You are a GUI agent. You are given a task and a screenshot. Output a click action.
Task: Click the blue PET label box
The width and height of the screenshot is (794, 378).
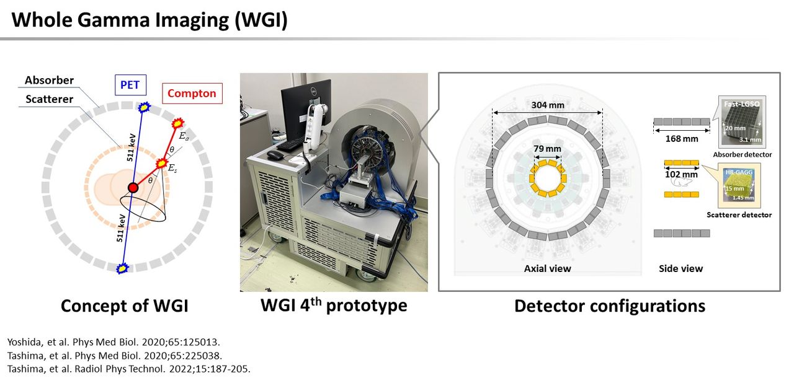pyautogui.click(x=130, y=85)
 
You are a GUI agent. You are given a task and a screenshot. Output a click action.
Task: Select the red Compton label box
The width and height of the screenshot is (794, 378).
pyautogui.click(x=192, y=94)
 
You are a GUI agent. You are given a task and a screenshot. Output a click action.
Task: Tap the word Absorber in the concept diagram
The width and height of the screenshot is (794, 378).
pyautogui.click(x=49, y=81)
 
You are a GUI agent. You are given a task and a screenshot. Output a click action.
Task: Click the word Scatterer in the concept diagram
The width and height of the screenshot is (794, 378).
pyautogui.click(x=49, y=99)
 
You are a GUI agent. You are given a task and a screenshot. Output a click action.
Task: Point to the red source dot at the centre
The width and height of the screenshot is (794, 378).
pyautogui.click(x=133, y=188)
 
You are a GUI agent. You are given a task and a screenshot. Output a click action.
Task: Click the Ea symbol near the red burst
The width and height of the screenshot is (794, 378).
pyautogui.click(x=184, y=136)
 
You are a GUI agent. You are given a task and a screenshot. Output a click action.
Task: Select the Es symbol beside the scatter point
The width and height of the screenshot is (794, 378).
pyautogui.click(x=172, y=168)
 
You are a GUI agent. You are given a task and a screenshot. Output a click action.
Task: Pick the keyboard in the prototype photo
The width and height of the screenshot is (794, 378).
pyautogui.click(x=291, y=144)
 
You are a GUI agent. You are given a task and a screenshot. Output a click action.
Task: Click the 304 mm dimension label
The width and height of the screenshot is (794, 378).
pyautogui.click(x=548, y=105)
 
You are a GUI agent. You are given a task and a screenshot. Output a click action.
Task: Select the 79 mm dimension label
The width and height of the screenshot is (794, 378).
pyautogui.click(x=547, y=149)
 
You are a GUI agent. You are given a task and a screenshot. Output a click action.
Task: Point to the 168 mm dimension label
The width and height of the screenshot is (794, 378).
pyautogui.click(x=682, y=139)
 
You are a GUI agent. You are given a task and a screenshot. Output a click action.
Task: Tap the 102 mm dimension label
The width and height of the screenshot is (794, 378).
pyautogui.click(x=681, y=175)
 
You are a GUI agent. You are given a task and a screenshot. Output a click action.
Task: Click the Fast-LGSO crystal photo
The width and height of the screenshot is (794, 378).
pyautogui.click(x=742, y=122)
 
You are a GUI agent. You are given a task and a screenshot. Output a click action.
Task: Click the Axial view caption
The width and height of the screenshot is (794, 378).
pyautogui.click(x=548, y=269)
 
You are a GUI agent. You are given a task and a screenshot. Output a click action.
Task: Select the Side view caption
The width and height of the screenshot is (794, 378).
pyautogui.click(x=681, y=269)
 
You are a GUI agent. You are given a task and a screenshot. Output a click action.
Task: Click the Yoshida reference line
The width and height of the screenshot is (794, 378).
pyautogui.click(x=114, y=342)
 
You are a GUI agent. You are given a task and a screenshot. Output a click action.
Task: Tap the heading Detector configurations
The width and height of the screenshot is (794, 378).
pyautogui.click(x=610, y=305)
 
